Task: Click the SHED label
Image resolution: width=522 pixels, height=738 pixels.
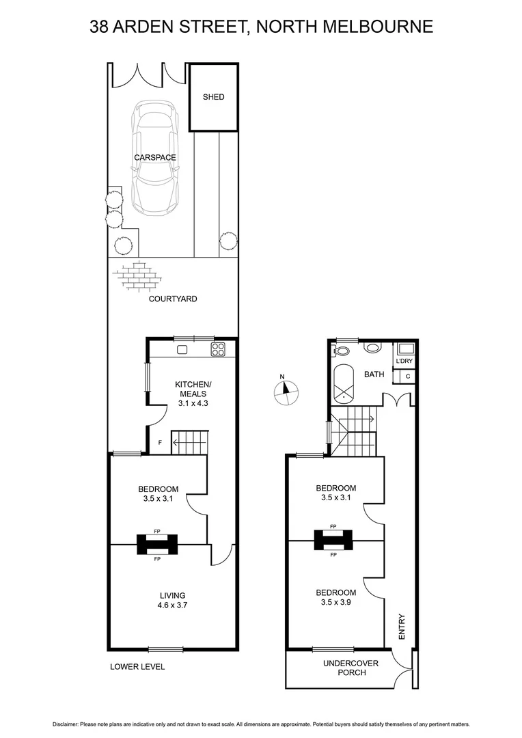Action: [x=213, y=97]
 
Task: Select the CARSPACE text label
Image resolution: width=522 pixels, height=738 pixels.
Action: [x=155, y=158]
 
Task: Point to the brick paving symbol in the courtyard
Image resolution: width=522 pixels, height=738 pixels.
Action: [x=138, y=277]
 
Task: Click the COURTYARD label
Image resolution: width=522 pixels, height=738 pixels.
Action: [x=174, y=299]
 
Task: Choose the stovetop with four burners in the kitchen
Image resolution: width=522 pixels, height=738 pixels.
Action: [x=218, y=350]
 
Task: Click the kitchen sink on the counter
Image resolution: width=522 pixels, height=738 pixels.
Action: [x=182, y=350]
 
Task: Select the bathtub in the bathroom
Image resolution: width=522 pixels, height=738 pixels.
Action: [x=344, y=385]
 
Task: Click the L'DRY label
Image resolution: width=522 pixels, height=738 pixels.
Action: [x=404, y=361]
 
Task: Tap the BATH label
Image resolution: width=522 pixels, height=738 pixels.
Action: [x=374, y=374]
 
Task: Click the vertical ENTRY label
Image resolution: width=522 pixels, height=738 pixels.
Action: [x=402, y=626]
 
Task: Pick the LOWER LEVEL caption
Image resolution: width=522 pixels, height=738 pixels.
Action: [x=137, y=667]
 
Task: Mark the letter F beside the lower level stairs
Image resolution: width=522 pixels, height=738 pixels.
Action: [x=160, y=443]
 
